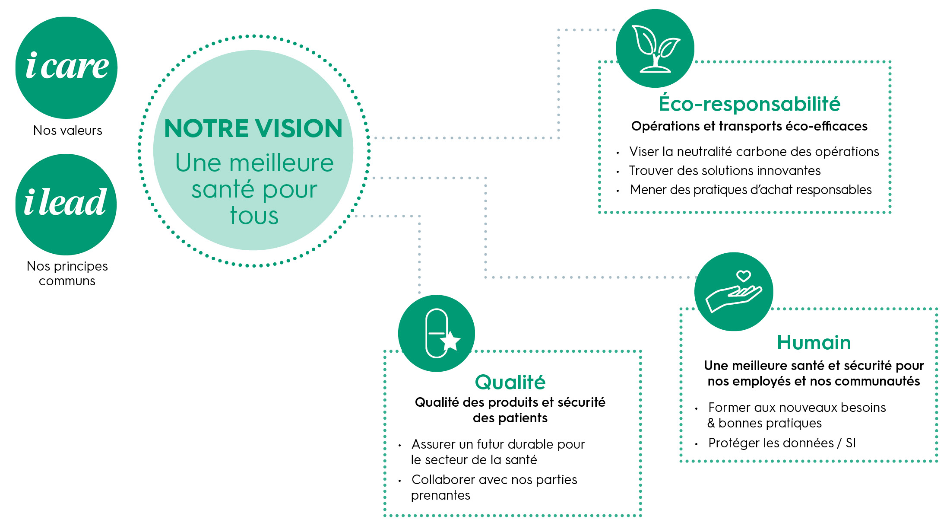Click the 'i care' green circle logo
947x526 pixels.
tap(67, 67)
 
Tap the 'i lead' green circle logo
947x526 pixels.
tap(66, 204)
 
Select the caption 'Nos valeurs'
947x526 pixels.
tap(68, 130)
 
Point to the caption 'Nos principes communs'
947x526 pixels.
tap(67, 273)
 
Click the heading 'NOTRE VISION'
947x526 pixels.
tap(253, 128)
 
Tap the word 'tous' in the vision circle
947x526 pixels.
tap(254, 215)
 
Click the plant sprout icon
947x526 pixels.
tap(655, 48)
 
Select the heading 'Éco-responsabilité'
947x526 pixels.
tap(749, 104)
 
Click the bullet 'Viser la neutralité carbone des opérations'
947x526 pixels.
tap(754, 152)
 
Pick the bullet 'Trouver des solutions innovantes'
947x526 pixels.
tap(725, 171)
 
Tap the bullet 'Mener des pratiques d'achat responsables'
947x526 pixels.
tap(751, 190)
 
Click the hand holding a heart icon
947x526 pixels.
tap(734, 292)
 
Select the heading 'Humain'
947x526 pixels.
tap(814, 342)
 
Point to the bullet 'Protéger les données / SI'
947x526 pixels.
tap(782, 443)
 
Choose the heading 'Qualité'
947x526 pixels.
tap(510, 382)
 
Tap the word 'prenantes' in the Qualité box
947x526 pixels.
tap(440, 495)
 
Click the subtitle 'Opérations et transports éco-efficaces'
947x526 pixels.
tap(749, 126)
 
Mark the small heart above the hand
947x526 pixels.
tap(744, 276)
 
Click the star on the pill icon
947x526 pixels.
tap(451, 341)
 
